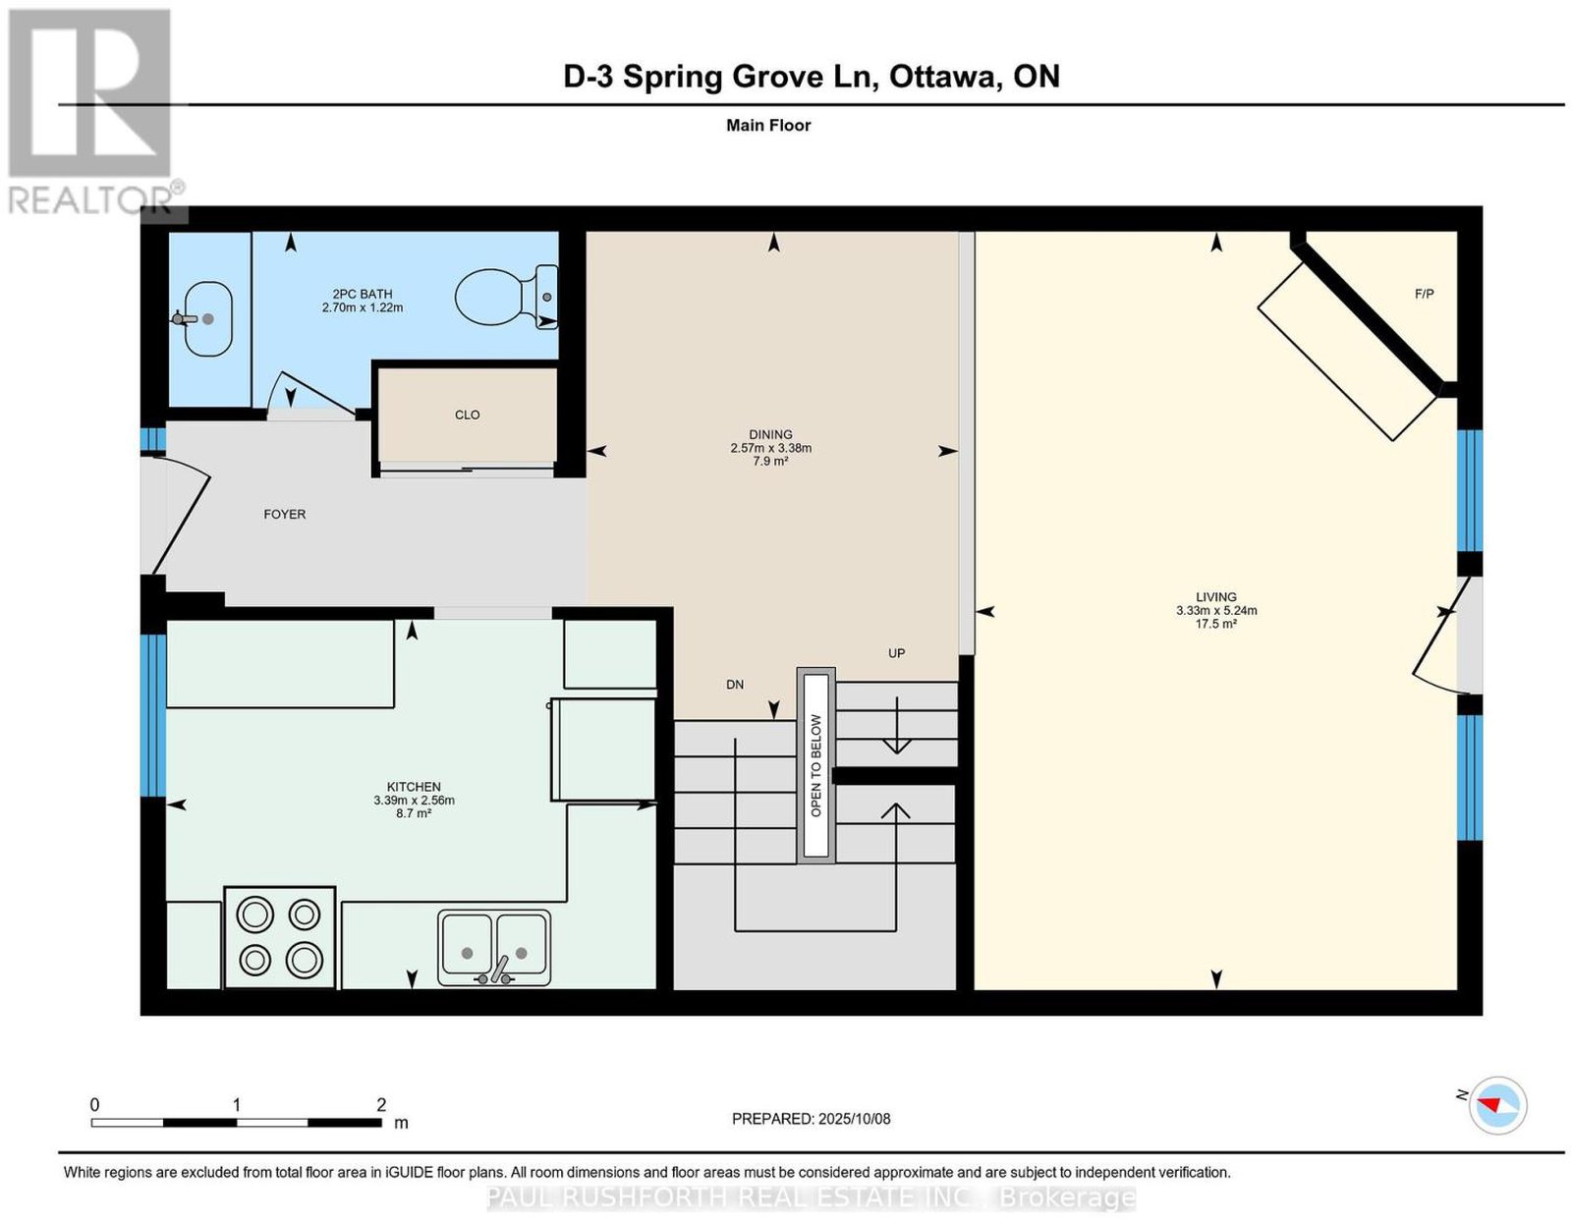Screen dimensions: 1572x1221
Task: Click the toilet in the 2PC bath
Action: point(506,297)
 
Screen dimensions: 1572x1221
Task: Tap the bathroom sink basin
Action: point(207,318)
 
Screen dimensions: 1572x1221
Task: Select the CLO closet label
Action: point(468,415)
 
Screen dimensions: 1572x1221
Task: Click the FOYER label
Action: point(284,514)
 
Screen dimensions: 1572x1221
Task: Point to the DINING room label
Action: point(770,434)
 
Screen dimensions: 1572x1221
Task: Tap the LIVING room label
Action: point(1216,597)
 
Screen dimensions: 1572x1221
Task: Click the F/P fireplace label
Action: point(1425,294)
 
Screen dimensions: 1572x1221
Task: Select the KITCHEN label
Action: point(414,787)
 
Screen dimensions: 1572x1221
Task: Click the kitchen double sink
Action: point(494,947)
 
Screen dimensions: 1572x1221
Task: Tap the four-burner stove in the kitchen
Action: point(280,937)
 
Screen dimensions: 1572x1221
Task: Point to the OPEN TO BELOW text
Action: point(816,765)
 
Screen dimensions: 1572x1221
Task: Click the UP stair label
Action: point(896,653)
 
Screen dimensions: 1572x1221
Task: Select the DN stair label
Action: point(734,684)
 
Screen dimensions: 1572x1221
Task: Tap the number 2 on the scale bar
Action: point(381,1105)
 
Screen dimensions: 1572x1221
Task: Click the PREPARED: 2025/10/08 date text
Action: point(811,1119)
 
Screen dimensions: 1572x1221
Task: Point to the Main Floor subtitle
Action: point(768,125)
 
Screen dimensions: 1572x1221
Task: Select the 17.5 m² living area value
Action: point(1216,623)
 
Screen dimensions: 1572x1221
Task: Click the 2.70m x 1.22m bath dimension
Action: point(363,307)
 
